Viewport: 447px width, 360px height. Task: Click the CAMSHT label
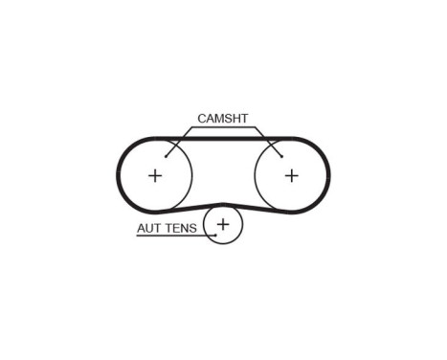pos(222,119)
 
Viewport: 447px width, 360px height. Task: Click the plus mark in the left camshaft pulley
pos(155,175)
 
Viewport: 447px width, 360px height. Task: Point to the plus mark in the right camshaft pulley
pos(291,175)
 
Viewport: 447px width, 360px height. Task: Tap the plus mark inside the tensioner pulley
pos(223,224)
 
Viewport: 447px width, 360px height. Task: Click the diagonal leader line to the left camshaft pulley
pos(178,142)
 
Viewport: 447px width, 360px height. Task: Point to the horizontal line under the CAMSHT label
pos(222,127)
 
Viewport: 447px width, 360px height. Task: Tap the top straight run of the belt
pos(222,138)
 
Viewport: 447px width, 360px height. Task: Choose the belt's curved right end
pos(329,175)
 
